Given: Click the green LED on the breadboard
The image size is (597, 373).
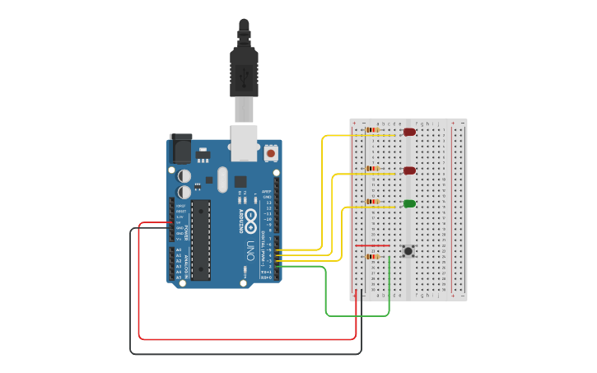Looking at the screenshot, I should [409, 203].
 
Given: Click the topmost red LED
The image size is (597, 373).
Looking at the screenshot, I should [409, 132].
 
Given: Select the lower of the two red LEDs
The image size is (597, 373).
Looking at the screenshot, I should [409, 170].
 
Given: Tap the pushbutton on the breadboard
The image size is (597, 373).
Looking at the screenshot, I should [408, 251].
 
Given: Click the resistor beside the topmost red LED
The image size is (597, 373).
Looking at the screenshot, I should [372, 130].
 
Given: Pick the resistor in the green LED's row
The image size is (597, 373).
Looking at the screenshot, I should [372, 201].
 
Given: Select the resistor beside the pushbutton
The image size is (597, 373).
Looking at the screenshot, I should [372, 257].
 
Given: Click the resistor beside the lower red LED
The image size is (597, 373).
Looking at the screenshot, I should [372, 169].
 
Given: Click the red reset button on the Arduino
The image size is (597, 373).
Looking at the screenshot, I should [271, 153].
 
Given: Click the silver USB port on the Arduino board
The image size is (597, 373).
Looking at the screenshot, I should [244, 142].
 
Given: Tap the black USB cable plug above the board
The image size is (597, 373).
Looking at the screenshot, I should [244, 74].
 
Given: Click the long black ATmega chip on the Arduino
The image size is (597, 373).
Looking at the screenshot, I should [201, 240].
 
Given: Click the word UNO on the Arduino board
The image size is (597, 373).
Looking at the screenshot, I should [250, 249].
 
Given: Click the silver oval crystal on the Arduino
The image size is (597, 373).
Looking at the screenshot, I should [222, 179].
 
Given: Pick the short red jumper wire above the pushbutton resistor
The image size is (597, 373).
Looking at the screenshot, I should [372, 245].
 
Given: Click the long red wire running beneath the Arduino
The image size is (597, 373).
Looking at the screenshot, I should [247, 338].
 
